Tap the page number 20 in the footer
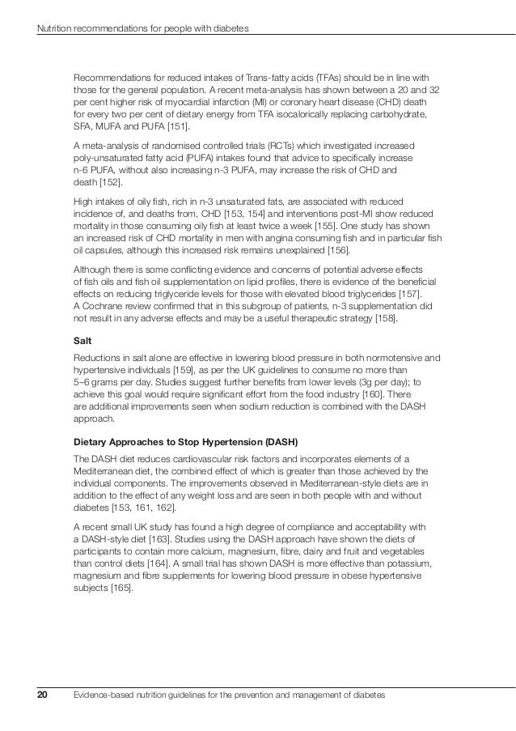click(43, 695)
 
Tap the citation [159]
click(197, 368)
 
